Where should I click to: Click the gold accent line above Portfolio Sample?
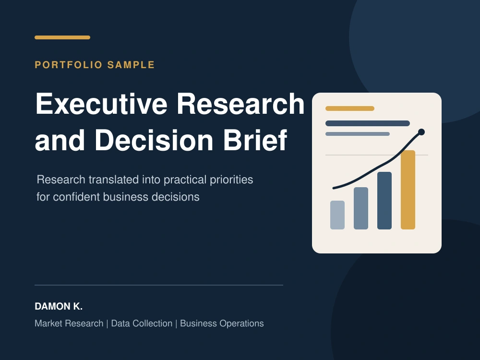pos(62,37)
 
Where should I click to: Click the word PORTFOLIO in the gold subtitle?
pos(69,65)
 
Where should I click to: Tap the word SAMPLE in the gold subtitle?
pos(131,65)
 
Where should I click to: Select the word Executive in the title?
pos(101,104)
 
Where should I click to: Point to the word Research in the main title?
pos(240,104)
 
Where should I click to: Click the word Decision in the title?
pos(154,140)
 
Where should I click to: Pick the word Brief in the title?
pos(255,140)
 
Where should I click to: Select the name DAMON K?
pos(59,306)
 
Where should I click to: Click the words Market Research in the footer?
pos(69,323)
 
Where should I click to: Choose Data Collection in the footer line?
pos(142,323)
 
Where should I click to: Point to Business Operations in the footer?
pos(222,323)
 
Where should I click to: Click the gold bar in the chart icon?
pos(408,190)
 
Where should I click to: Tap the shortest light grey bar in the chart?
pos(337,215)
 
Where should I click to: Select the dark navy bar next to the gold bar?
pos(384,201)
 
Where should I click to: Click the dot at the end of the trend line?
pos(421,132)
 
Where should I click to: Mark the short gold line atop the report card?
pos(350,108)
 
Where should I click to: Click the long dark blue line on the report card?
pos(368,123)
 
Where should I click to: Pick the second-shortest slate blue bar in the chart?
pos(361,208)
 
